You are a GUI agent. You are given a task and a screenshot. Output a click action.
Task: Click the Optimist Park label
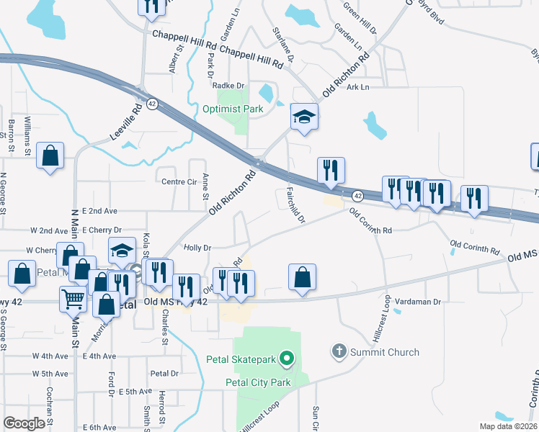242,109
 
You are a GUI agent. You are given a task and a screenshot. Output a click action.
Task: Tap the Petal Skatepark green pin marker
287,357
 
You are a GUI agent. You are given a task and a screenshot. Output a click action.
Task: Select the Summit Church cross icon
339,352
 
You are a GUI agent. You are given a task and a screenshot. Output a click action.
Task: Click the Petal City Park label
258,382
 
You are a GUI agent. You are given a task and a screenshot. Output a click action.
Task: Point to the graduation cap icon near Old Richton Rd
304,118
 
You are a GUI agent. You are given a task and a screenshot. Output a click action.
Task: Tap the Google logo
24,423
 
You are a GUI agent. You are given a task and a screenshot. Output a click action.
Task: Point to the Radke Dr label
231,85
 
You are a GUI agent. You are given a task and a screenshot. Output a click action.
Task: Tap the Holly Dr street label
197,247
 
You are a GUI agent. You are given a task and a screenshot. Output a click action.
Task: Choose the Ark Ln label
357,87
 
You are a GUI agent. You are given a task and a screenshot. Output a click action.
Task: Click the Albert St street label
173,61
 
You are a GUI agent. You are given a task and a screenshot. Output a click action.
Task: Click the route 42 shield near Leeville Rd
152,104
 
